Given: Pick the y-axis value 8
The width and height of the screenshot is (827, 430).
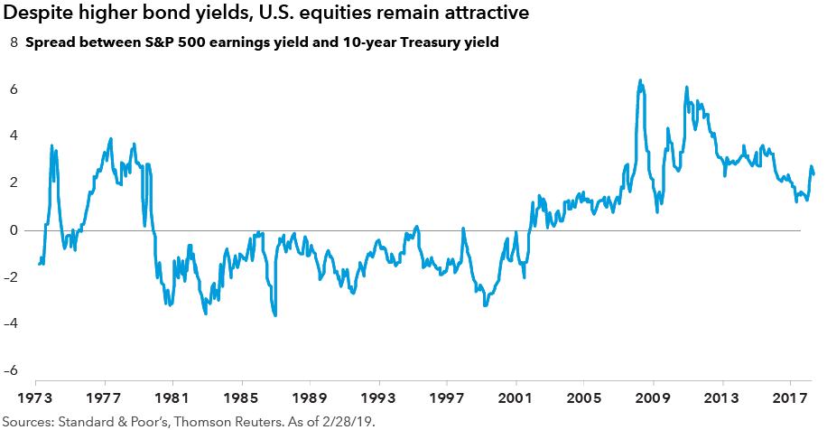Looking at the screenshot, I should click(14, 42).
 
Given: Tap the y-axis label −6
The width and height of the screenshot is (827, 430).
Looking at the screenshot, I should click(12, 370).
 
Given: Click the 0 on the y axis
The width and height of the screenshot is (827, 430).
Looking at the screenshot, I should click(14, 229).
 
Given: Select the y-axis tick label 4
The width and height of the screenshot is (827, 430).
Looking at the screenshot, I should click(14, 136).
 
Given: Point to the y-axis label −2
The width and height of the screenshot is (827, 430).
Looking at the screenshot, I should click(12, 276).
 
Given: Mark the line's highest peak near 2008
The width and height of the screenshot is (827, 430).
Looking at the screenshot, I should click(640, 80).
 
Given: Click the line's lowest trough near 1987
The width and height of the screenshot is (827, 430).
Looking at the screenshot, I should click(275, 314).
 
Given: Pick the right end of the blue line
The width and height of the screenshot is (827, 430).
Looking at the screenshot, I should click(813, 173).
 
